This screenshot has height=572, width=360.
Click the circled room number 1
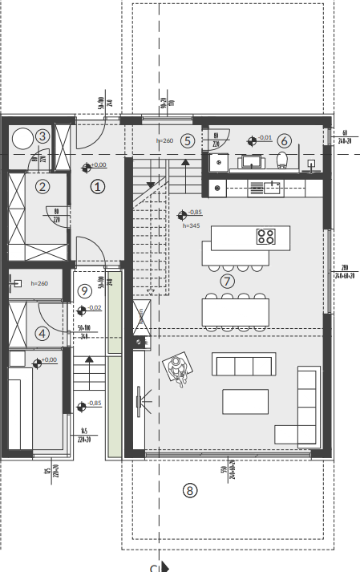[97, 187]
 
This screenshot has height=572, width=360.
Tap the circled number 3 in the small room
[42, 136]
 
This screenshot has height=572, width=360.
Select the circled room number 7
[227, 281]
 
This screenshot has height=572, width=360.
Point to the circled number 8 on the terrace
[189, 490]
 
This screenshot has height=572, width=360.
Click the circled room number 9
[83, 290]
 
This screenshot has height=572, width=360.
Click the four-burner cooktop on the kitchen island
[266, 237]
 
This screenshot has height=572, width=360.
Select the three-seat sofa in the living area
[244, 365]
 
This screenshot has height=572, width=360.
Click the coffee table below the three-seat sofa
[245, 400]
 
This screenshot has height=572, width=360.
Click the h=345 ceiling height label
[191, 225]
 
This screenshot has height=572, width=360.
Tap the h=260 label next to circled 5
[164, 140]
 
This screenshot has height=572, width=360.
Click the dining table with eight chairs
[234, 311]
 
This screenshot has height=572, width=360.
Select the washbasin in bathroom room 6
[251, 162]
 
